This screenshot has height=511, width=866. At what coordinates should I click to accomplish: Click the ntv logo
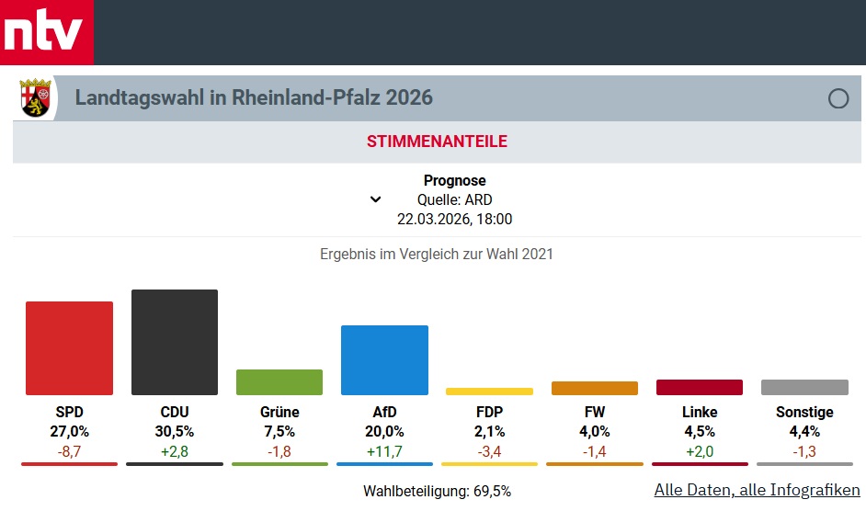(x=46, y=33)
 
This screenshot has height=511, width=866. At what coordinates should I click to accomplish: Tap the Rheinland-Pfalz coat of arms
(x=36, y=98)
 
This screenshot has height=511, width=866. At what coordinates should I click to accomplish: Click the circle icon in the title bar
(x=838, y=98)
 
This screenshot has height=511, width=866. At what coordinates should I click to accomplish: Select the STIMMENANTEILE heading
(x=437, y=142)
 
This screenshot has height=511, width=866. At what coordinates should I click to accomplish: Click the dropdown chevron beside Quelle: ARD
(x=375, y=199)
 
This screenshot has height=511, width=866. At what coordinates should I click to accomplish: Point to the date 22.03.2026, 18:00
(x=454, y=219)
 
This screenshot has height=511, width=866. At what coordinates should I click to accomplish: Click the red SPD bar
(x=69, y=348)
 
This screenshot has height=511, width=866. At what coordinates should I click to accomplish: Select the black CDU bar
(x=175, y=342)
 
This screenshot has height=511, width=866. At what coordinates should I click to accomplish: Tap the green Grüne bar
(x=279, y=382)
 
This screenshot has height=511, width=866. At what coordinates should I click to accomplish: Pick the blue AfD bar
(x=384, y=360)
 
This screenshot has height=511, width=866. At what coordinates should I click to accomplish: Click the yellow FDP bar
(x=489, y=392)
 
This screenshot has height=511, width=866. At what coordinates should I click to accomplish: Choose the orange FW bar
(x=594, y=388)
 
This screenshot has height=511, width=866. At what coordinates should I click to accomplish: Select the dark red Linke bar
(x=699, y=387)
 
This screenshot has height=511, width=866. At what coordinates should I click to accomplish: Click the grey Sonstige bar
(x=804, y=387)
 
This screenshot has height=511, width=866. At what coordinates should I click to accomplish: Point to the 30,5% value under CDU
(x=175, y=431)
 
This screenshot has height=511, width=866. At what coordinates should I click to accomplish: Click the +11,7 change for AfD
(x=384, y=450)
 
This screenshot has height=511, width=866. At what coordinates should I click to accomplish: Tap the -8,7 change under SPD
(x=69, y=450)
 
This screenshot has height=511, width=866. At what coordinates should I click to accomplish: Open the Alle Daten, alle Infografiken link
(x=757, y=490)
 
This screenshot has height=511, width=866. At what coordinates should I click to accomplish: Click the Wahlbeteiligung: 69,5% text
(x=437, y=491)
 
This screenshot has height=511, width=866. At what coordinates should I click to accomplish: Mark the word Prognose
(x=454, y=180)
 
